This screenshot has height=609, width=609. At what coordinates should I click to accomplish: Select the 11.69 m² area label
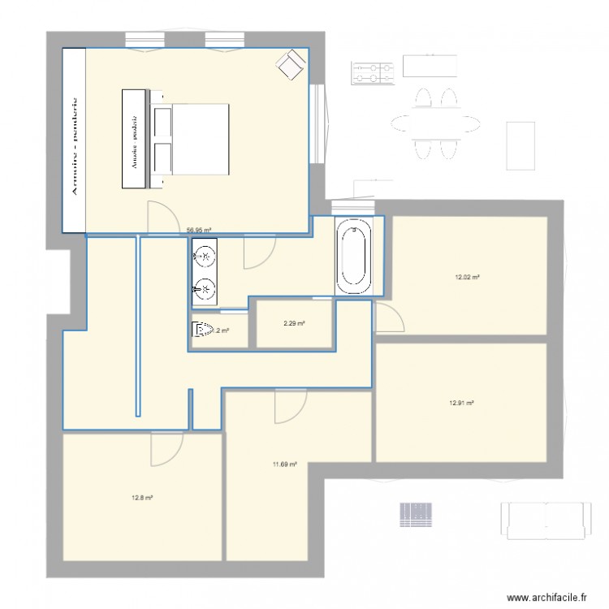(284, 464)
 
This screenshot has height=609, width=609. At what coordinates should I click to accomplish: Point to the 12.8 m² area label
(142, 497)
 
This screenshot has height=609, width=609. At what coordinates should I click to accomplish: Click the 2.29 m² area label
(294, 324)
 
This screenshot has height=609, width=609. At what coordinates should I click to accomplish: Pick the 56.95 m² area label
(199, 230)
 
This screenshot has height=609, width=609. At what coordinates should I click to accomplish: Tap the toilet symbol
(201, 330)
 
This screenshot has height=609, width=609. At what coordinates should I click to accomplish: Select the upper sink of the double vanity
(205, 258)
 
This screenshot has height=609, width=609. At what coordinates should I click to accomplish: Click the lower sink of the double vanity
(205, 287)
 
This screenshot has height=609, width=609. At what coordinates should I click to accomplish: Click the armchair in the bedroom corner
(290, 64)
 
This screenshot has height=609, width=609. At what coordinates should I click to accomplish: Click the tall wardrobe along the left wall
(75, 138)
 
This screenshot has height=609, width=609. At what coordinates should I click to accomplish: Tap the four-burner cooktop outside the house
(372, 73)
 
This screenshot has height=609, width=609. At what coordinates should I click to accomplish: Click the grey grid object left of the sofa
(416, 512)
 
